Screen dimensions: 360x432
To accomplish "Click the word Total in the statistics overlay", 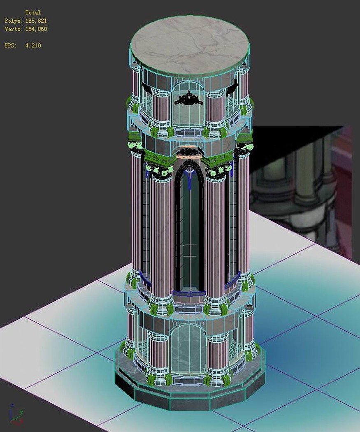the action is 33,12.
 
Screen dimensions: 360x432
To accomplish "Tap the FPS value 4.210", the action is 33,45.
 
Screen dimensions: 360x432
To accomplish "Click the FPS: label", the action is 11,45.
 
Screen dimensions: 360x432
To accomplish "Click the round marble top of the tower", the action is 190,44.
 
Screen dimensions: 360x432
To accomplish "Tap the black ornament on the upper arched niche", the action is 189,99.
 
